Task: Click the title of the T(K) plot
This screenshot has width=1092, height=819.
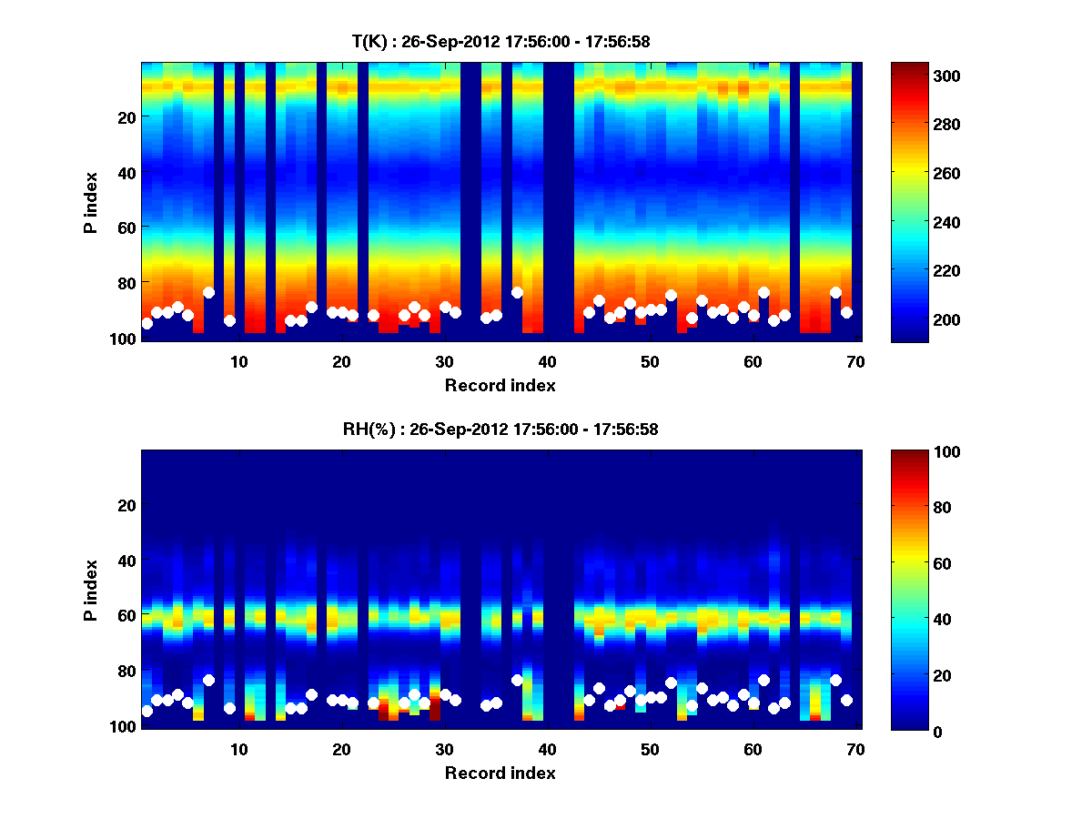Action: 500,41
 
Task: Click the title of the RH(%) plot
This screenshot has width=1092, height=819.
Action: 500,430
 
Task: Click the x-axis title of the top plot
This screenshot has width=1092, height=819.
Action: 500,385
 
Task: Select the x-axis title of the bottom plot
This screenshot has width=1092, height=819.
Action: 500,773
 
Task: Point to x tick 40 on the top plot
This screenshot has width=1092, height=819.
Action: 547,361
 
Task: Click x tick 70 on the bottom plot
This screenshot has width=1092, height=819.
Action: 855,749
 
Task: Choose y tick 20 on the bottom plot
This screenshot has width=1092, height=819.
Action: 126,505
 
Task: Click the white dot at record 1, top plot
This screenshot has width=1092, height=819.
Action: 147,323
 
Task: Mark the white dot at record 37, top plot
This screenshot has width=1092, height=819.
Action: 517,292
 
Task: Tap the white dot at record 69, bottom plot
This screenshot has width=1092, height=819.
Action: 846,700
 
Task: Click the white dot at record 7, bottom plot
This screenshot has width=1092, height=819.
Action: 208,680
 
